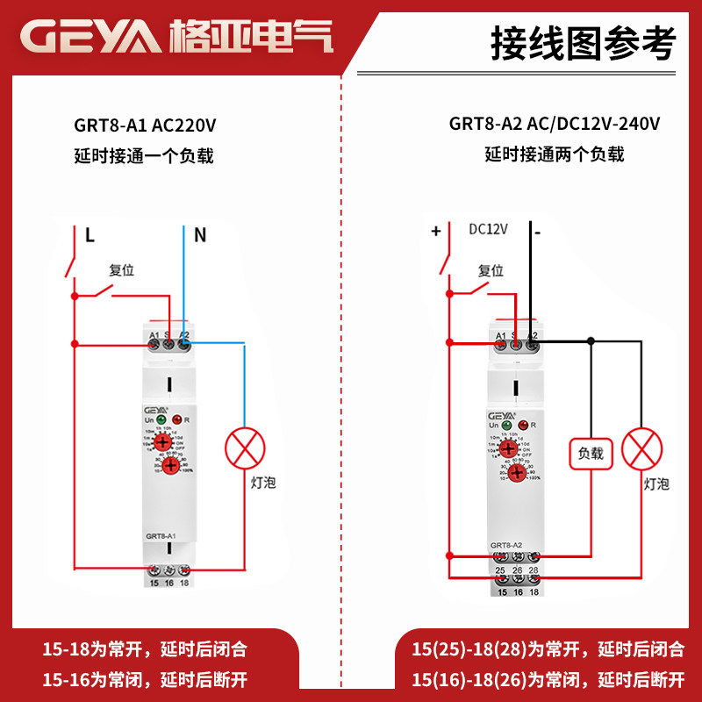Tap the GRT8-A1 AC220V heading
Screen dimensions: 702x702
point(146,125)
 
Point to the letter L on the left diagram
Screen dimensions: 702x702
point(90,235)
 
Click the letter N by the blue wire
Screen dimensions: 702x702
point(200,235)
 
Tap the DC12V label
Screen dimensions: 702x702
point(489,230)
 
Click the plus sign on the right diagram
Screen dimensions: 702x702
point(435,232)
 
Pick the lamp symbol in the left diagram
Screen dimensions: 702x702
point(245,448)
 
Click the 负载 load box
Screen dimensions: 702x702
point(590,454)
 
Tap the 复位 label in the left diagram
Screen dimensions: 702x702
point(121,270)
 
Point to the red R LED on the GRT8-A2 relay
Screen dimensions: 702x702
point(523,425)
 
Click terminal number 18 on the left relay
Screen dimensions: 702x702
point(183,582)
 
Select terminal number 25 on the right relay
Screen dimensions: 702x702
point(501,571)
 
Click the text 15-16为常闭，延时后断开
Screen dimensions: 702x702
point(146,677)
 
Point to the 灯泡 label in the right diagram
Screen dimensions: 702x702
point(656,484)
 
